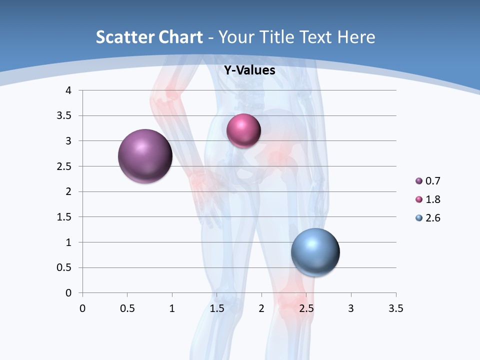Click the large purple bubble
(x=145, y=156)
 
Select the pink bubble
(x=243, y=130)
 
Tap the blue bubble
(x=315, y=252)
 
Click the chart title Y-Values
(x=249, y=70)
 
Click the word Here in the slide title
(x=356, y=37)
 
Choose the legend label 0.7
(x=433, y=181)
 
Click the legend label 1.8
(x=433, y=199)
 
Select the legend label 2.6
(x=433, y=218)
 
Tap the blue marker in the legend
(x=419, y=218)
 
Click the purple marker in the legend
(x=419, y=181)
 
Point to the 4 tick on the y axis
(x=68, y=90)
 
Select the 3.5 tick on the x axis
(x=395, y=308)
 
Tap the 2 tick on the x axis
(x=261, y=308)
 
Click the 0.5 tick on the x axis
(x=127, y=308)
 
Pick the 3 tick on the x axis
(x=351, y=308)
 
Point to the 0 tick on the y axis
(x=68, y=293)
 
